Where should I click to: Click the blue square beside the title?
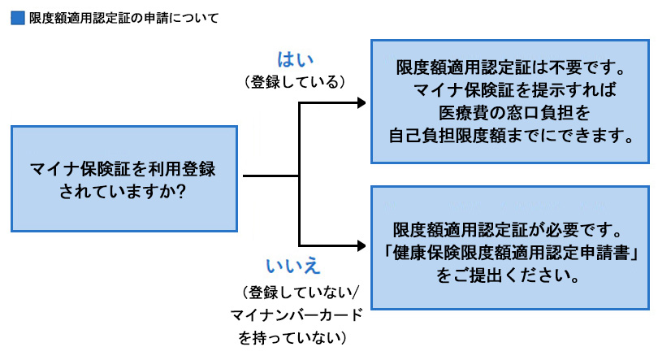click(17, 18)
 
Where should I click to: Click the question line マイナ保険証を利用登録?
click(123, 169)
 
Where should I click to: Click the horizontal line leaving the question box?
click(271, 175)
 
